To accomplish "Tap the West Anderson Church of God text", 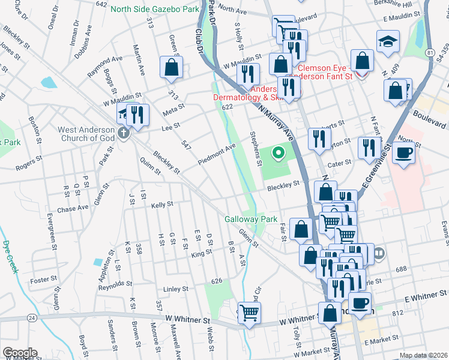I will tap(85, 134).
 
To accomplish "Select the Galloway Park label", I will tap(251, 220).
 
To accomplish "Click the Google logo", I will tap(20, 353).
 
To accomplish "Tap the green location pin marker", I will tap(278, 154).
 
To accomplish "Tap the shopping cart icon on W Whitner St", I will tap(250, 313).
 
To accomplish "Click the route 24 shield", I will tap(32, 316).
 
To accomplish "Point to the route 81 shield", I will tap(430, 53).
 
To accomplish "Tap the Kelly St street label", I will tap(162, 205).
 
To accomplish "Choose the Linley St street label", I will tap(176, 289).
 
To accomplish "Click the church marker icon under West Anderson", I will tap(124, 133).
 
